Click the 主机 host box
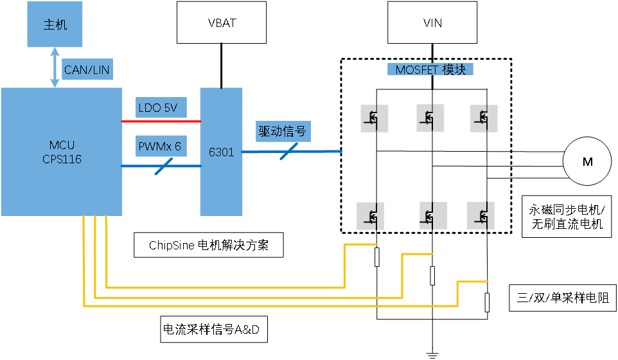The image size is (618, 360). (x=55, y=24)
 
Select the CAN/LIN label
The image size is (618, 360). (x=87, y=69)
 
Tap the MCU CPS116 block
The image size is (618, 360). (x=62, y=152)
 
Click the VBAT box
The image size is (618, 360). (x=222, y=22)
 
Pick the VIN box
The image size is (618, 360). (x=432, y=22)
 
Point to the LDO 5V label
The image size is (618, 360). (x=161, y=107)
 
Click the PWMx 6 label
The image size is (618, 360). (x=161, y=146)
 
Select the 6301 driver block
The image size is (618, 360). (x=221, y=152)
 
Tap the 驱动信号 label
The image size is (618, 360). (x=283, y=131)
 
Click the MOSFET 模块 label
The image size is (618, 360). (x=430, y=69)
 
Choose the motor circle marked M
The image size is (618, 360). (x=587, y=161)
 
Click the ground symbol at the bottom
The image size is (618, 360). (x=432, y=355)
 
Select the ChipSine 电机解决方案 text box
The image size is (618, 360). (x=209, y=245)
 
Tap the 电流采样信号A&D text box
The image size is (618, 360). (x=214, y=329)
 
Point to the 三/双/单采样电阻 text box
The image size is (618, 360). (x=563, y=298)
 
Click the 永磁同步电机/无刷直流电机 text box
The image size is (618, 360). (x=567, y=217)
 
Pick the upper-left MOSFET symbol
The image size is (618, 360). (x=375, y=118)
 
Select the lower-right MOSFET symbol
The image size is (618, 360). (x=481, y=216)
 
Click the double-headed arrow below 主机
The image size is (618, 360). (x=55, y=67)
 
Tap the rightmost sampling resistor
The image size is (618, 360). (x=487, y=302)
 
